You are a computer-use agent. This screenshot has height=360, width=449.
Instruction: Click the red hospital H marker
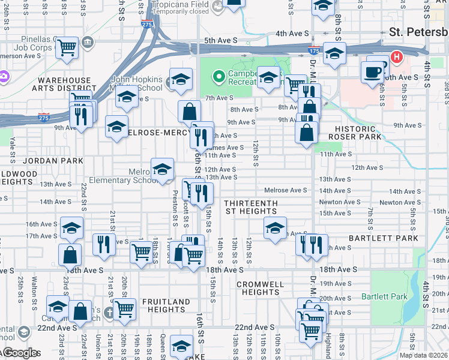pyautogui.click(x=396, y=58)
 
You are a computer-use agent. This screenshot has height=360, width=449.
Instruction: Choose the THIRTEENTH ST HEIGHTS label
pyautogui.click(x=252, y=207)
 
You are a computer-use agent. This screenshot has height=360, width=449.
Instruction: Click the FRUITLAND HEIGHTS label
pyautogui.click(x=166, y=305)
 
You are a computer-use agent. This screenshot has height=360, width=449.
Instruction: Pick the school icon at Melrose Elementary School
pyautogui.click(x=162, y=170)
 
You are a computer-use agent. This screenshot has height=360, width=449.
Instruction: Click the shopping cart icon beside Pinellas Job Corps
pyautogui.click(x=68, y=46)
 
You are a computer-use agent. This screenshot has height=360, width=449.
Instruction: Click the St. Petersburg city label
pyautogui.click(x=418, y=32)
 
